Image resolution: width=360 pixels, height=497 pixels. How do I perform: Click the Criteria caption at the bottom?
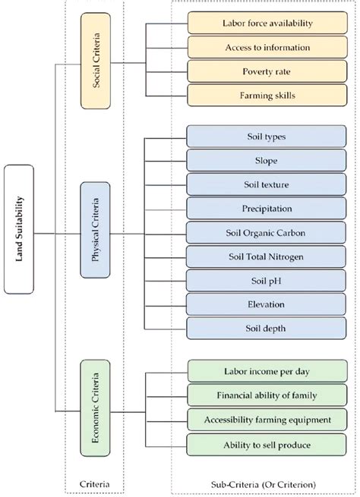pyautogui.click(x=96, y=483)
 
